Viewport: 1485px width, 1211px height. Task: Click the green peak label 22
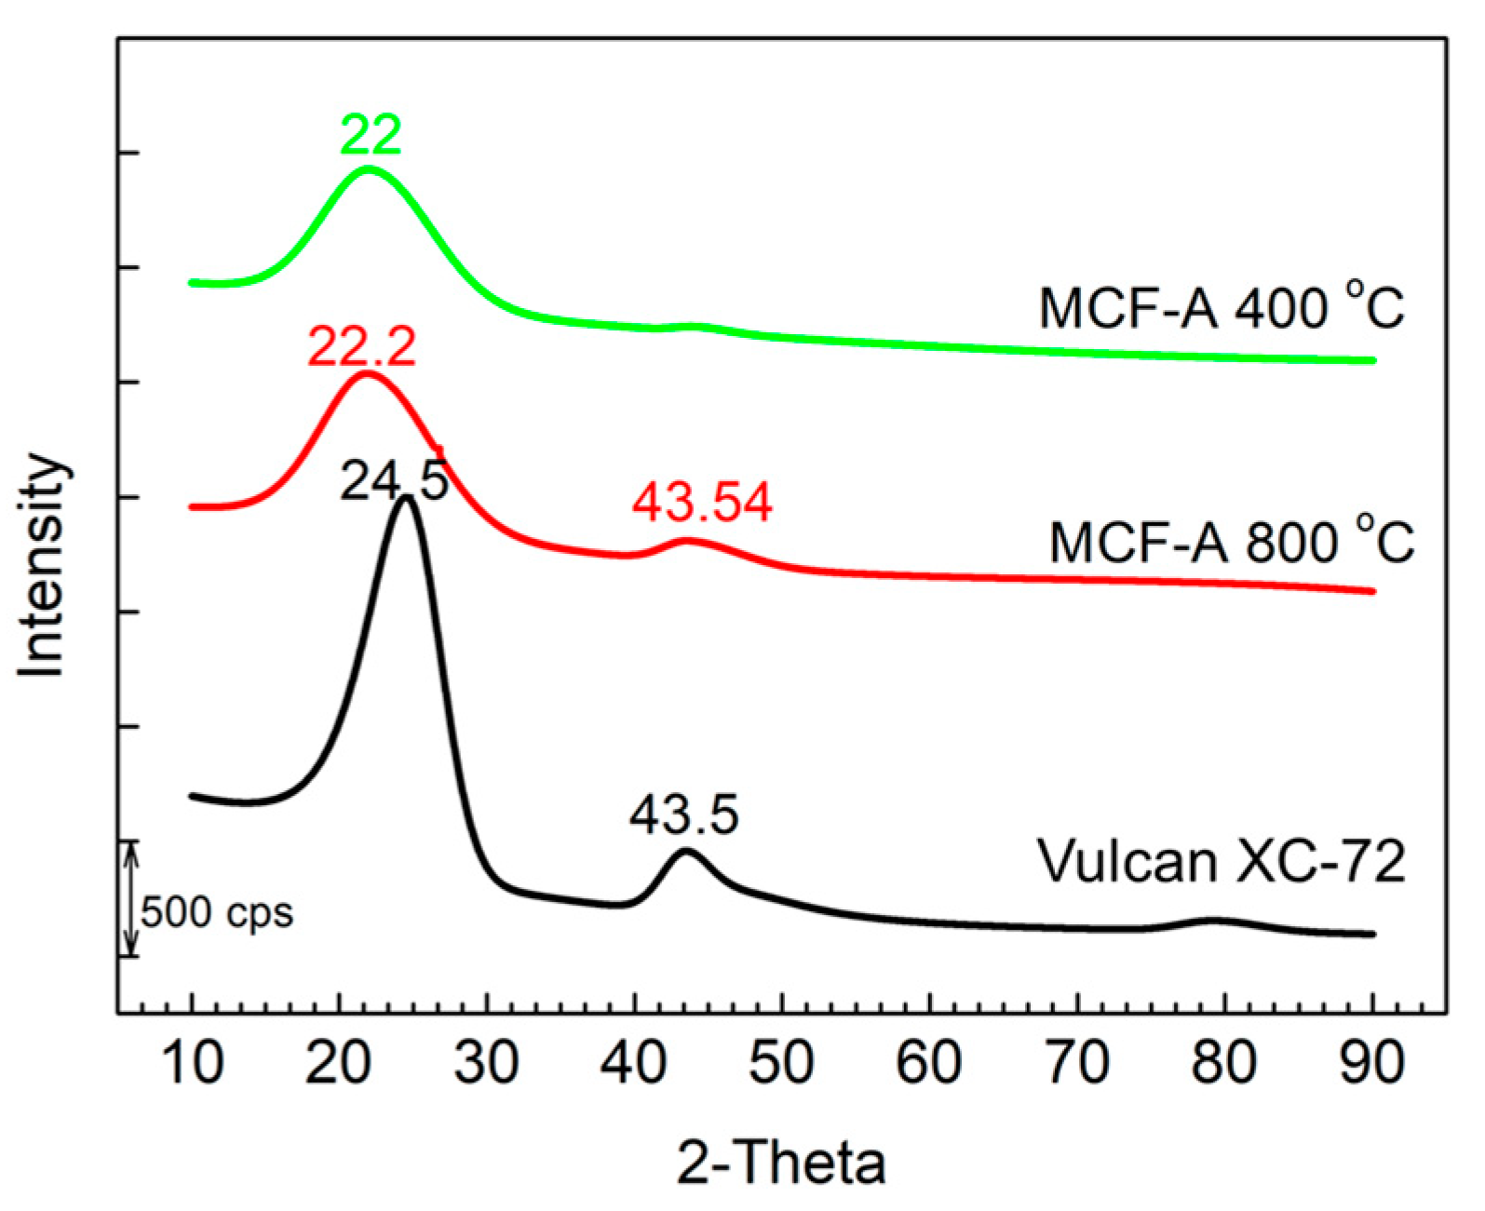[371, 135]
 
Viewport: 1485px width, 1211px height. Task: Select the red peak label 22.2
[361, 348]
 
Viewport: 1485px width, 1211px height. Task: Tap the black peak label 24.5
[394, 481]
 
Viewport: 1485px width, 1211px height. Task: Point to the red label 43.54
[702, 503]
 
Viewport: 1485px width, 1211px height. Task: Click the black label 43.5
[683, 815]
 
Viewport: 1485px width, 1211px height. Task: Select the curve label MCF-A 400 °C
[1221, 307]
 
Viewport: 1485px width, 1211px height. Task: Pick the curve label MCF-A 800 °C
[1231, 542]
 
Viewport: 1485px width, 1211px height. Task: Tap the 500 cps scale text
[217, 912]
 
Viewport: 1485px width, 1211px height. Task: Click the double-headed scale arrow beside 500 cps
[132, 899]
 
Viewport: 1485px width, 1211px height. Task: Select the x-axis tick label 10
[192, 1062]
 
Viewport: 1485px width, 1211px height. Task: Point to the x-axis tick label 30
[486, 1062]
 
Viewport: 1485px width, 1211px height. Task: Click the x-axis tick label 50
[781, 1062]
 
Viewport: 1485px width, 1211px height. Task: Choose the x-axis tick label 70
[1077, 1062]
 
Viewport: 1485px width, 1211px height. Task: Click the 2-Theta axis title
[780, 1163]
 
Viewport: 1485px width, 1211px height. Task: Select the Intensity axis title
[42, 565]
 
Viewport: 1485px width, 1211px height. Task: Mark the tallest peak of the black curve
[405, 499]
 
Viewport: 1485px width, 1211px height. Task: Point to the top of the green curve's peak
[369, 169]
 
